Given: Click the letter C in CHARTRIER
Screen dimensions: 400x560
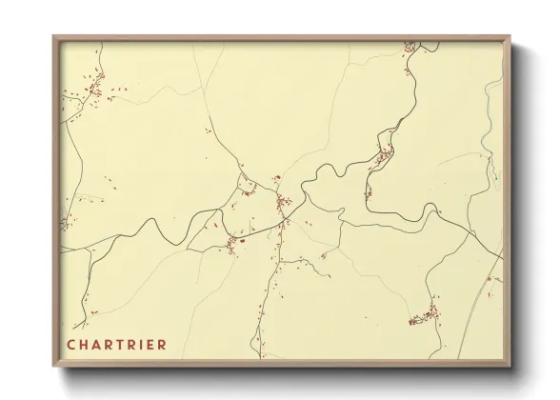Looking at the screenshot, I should [71, 344].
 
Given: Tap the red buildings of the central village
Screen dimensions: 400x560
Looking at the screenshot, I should [282, 201].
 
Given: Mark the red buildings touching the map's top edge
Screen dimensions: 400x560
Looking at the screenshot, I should [410, 46].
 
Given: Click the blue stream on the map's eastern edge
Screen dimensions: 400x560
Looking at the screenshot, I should [490, 114].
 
